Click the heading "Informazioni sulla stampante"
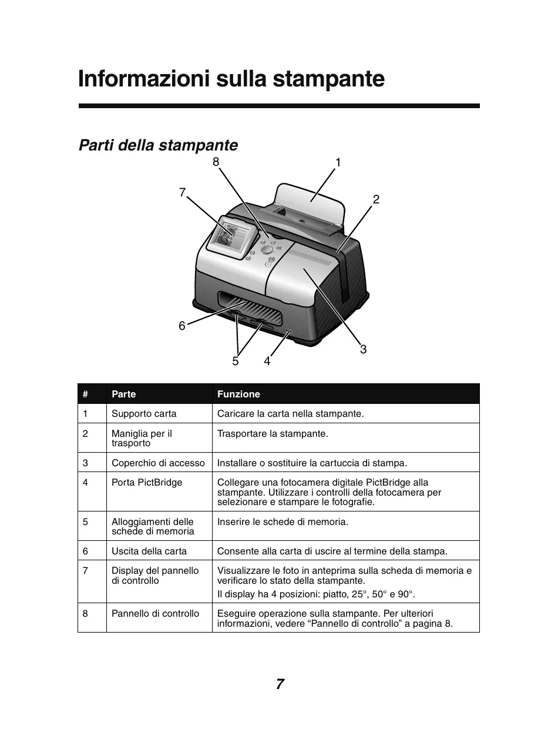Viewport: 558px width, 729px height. [231, 79]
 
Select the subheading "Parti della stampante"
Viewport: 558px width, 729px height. [158, 145]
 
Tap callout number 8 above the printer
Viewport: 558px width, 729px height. [216, 161]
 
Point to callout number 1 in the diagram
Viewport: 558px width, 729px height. [338, 162]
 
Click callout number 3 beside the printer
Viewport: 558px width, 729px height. [363, 350]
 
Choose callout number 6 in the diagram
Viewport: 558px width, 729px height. [182, 325]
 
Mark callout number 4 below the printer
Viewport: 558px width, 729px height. [267, 362]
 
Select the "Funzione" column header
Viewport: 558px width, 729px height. [238, 394]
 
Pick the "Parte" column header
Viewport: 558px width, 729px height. [123, 394]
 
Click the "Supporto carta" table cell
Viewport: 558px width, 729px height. [144, 413]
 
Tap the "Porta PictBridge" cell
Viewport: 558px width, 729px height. [147, 483]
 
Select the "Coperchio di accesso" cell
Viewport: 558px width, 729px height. [158, 463]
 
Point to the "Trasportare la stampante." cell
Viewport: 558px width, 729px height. [273, 434]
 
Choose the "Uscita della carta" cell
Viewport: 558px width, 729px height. [149, 551]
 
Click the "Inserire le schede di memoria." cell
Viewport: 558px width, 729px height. [283, 521]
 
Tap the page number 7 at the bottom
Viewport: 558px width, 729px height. [280, 684]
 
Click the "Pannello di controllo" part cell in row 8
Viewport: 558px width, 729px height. [155, 613]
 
